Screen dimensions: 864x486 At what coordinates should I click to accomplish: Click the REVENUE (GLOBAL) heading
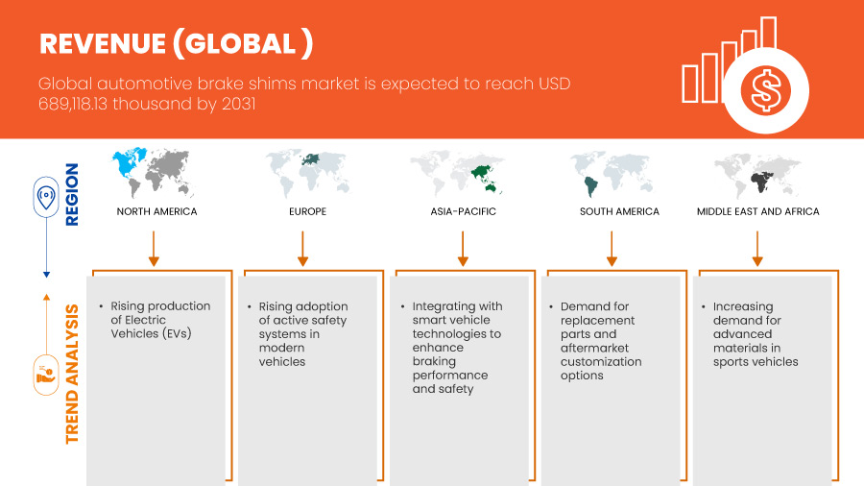[177, 44]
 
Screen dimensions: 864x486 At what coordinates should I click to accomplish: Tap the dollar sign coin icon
[765, 91]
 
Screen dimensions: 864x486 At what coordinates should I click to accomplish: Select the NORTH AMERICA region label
[156, 211]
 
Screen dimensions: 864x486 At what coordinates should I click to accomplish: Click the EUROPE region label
[307, 211]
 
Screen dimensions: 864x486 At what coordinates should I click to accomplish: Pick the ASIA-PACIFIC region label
[463, 211]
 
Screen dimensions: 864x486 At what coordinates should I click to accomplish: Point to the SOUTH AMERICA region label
[619, 211]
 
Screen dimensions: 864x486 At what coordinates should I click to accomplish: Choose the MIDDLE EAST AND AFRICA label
[757, 211]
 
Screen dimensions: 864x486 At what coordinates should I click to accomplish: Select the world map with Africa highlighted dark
[757, 175]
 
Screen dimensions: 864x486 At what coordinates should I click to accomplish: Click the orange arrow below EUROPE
[302, 249]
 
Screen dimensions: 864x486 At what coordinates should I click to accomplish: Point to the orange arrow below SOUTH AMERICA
[612, 249]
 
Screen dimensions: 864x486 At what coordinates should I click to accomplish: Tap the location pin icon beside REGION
[46, 197]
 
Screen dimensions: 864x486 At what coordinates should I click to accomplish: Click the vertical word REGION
[72, 195]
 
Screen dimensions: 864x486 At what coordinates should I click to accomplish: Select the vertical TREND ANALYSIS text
[72, 374]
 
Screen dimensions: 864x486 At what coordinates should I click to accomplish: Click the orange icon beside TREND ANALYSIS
[46, 376]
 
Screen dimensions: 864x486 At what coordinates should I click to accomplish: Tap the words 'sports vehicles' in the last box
[756, 362]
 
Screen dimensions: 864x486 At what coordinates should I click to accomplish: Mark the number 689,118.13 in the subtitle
[73, 104]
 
